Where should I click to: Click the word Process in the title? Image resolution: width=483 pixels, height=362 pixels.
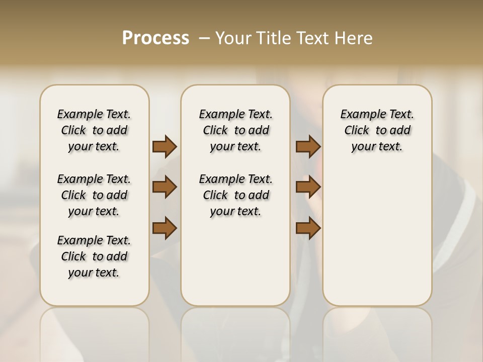(x=155, y=38)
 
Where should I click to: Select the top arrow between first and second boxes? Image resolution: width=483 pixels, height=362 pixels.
(x=165, y=147)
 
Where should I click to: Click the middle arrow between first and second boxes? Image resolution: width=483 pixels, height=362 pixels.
(x=165, y=187)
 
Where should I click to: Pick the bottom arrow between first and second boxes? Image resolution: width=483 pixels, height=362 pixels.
(x=165, y=228)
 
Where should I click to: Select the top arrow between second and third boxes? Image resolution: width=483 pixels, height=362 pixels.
(x=308, y=147)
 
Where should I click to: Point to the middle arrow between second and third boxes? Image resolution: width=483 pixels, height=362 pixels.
(x=308, y=187)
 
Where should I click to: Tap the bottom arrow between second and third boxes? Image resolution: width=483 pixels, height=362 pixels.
(x=308, y=228)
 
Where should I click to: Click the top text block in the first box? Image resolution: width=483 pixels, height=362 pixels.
(x=94, y=130)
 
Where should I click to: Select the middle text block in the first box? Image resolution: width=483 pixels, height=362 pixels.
(x=94, y=195)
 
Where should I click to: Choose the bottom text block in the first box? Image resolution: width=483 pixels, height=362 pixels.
(x=94, y=256)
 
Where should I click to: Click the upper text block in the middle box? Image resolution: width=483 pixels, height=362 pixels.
(x=235, y=130)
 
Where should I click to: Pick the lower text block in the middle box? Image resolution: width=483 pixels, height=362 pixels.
(x=235, y=195)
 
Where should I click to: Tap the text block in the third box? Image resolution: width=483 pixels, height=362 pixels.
(x=377, y=130)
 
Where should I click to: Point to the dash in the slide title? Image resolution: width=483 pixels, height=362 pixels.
(x=204, y=38)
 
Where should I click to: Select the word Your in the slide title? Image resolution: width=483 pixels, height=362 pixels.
(x=233, y=38)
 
